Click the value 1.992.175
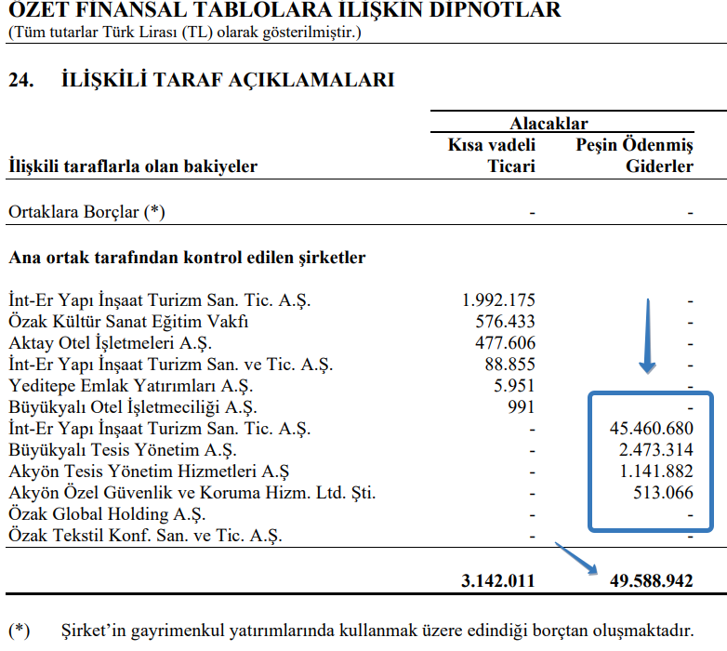[498, 300]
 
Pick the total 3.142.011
[498, 581]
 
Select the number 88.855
[509, 365]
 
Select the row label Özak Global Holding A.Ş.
[108, 514]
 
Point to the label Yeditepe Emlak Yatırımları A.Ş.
[130, 386]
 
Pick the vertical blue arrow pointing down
[648, 335]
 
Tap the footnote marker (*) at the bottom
[19, 630]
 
